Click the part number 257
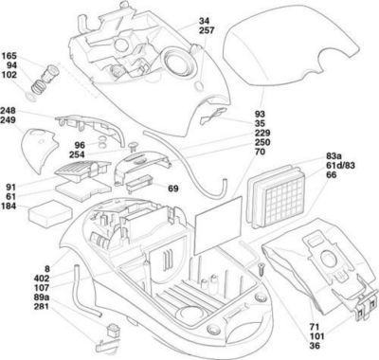point(207,31)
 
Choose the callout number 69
point(173,189)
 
